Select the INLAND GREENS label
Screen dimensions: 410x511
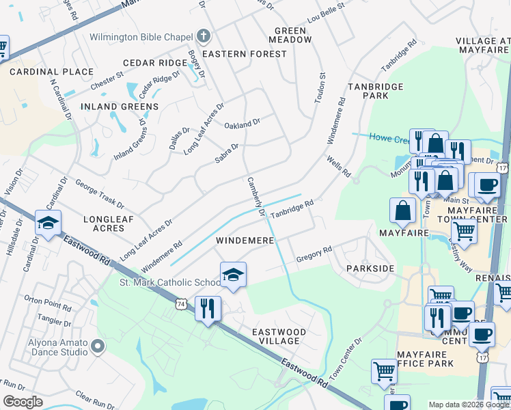point(120,107)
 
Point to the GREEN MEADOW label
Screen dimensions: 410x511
point(294,35)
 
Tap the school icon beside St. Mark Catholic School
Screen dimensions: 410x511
point(233,274)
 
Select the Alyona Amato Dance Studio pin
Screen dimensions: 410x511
point(98,347)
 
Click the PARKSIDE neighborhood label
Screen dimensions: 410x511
point(370,269)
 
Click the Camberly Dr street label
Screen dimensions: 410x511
point(255,197)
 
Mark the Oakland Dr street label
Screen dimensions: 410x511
point(243,124)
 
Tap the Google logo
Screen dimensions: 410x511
point(23,402)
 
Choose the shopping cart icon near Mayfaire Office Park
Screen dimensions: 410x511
point(385,372)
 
